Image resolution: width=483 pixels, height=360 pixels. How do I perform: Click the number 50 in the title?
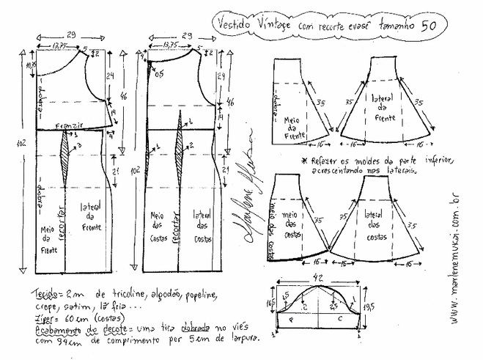(x=432, y=23)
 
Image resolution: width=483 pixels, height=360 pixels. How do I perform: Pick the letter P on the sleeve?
(x=292, y=320)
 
